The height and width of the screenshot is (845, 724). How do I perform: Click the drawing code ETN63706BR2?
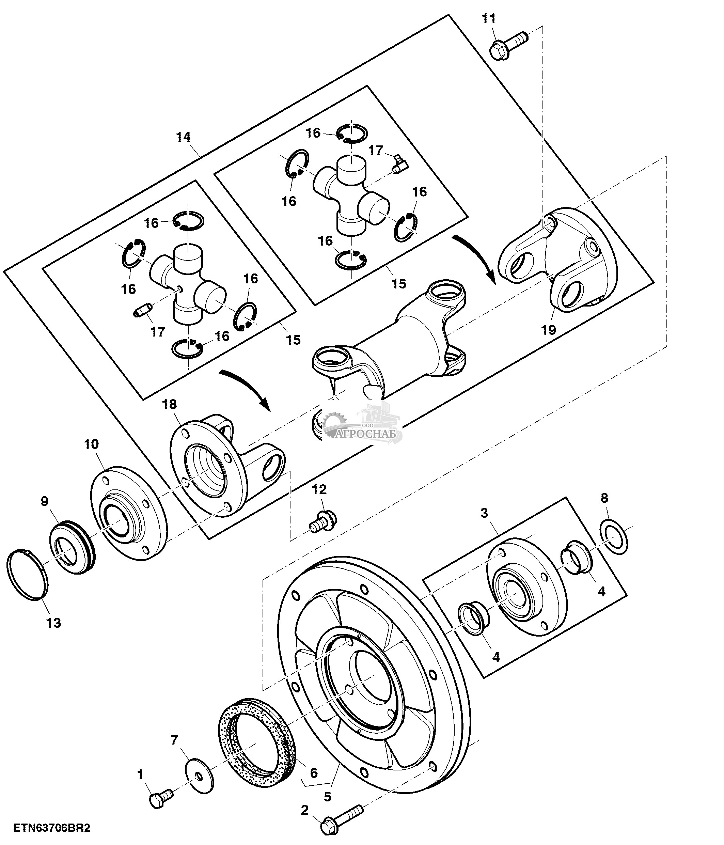coord(51,828)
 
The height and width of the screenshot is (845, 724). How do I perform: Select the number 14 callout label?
coord(184,137)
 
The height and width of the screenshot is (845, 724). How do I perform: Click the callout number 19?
coord(549,329)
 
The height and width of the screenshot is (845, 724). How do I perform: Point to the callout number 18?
coord(170,404)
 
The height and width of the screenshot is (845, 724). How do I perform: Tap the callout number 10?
coord(91,444)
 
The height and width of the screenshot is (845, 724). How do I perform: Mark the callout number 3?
coord(484,513)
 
